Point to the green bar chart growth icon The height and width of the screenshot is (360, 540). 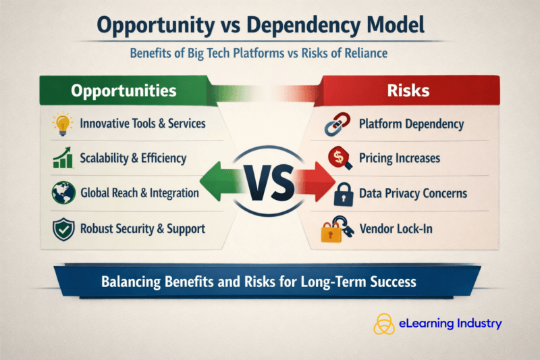(x=62, y=159)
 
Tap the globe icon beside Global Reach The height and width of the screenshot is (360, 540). (x=62, y=193)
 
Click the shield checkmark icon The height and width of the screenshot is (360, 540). (x=62, y=229)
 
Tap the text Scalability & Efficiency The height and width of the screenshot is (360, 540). (x=132, y=159)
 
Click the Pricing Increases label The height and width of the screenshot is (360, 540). (x=399, y=159)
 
